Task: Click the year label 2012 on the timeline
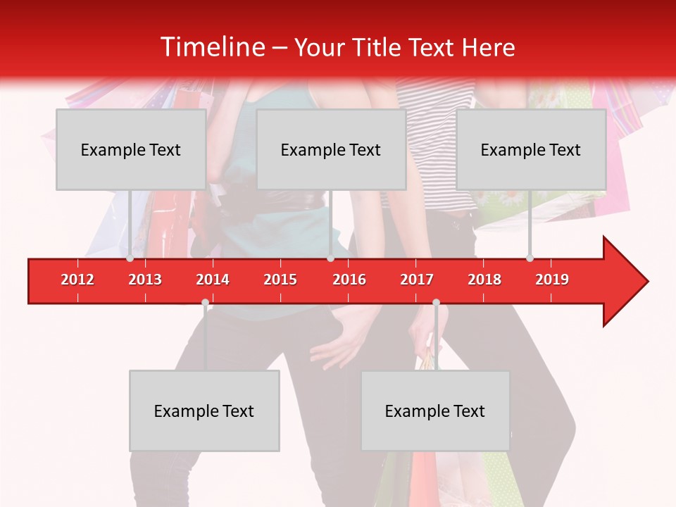point(77,280)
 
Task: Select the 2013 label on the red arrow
point(145,280)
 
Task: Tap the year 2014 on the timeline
point(213,280)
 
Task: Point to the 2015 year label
point(280,280)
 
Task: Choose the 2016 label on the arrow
point(349,280)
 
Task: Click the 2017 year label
point(417,280)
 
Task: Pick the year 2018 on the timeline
point(484,280)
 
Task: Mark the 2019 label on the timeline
point(552,280)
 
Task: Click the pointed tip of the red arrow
point(647,282)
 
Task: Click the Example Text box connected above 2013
point(131,150)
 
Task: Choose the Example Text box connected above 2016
point(331,150)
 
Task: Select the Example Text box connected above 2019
point(531,150)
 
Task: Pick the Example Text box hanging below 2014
point(204,411)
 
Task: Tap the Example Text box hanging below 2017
point(435,411)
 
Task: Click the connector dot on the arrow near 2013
point(130,258)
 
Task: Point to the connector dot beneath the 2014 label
point(205,303)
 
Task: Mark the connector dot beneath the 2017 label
point(436,303)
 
